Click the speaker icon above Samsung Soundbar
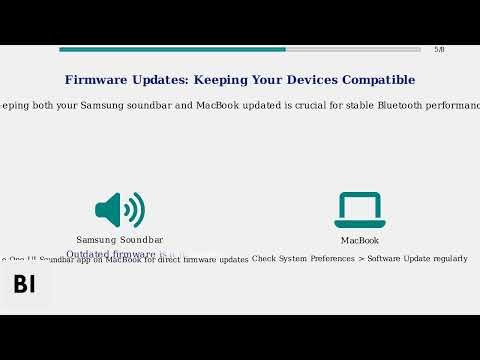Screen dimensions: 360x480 120,210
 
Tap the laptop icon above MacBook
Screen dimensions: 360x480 359,210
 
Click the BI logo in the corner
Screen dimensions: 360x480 24,284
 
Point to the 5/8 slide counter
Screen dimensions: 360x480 439,49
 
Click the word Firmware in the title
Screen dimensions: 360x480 99,80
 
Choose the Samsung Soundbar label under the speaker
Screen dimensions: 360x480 120,240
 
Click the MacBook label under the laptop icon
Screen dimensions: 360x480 359,240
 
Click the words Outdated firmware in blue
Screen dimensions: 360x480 111,254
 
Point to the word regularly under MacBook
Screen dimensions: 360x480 448,259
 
